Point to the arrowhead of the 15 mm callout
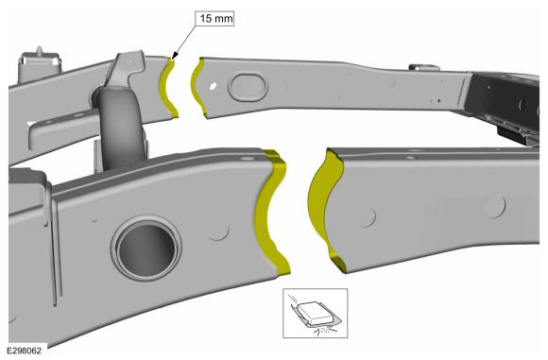click(175, 56)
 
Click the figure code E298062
click(24, 351)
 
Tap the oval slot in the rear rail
click(248, 86)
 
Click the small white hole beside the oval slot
click(214, 86)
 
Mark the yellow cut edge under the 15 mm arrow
click(168, 88)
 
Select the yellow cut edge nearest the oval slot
click(197, 88)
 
